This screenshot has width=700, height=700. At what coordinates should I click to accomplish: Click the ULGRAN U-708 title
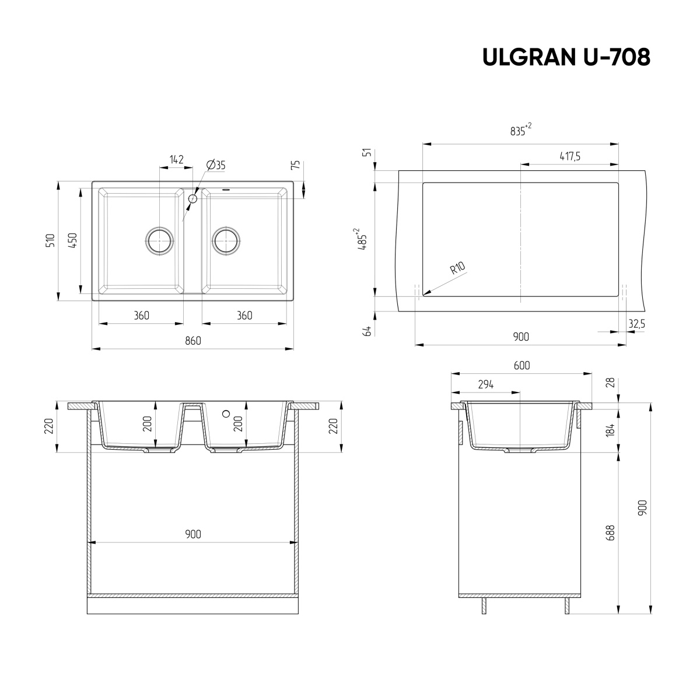click(566, 57)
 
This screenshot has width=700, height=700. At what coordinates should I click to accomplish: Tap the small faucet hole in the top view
click(192, 198)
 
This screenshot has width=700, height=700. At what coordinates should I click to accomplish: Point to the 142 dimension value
click(176, 159)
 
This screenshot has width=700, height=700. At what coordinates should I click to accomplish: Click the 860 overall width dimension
click(192, 341)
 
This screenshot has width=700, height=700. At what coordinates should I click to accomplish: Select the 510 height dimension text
click(50, 240)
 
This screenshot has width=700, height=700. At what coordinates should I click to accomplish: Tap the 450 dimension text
click(72, 240)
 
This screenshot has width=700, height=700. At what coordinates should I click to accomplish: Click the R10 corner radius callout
click(457, 268)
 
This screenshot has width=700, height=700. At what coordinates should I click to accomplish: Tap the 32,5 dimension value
click(636, 323)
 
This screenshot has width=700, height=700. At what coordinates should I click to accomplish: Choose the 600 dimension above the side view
click(521, 365)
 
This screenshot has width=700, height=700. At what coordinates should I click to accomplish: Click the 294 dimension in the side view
click(485, 384)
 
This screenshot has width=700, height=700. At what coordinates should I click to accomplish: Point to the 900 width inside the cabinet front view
click(192, 534)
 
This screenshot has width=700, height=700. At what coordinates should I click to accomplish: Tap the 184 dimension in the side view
click(610, 430)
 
